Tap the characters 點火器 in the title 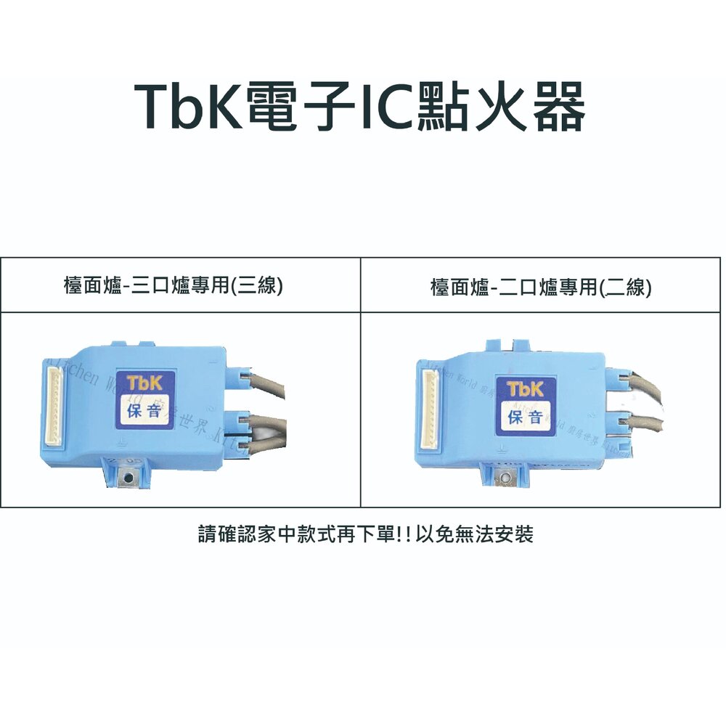[x=501, y=107]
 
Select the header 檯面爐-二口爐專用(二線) [x=541, y=287]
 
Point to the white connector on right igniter [x=428, y=411]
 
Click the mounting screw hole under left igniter [x=128, y=476]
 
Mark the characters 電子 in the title [x=296, y=107]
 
